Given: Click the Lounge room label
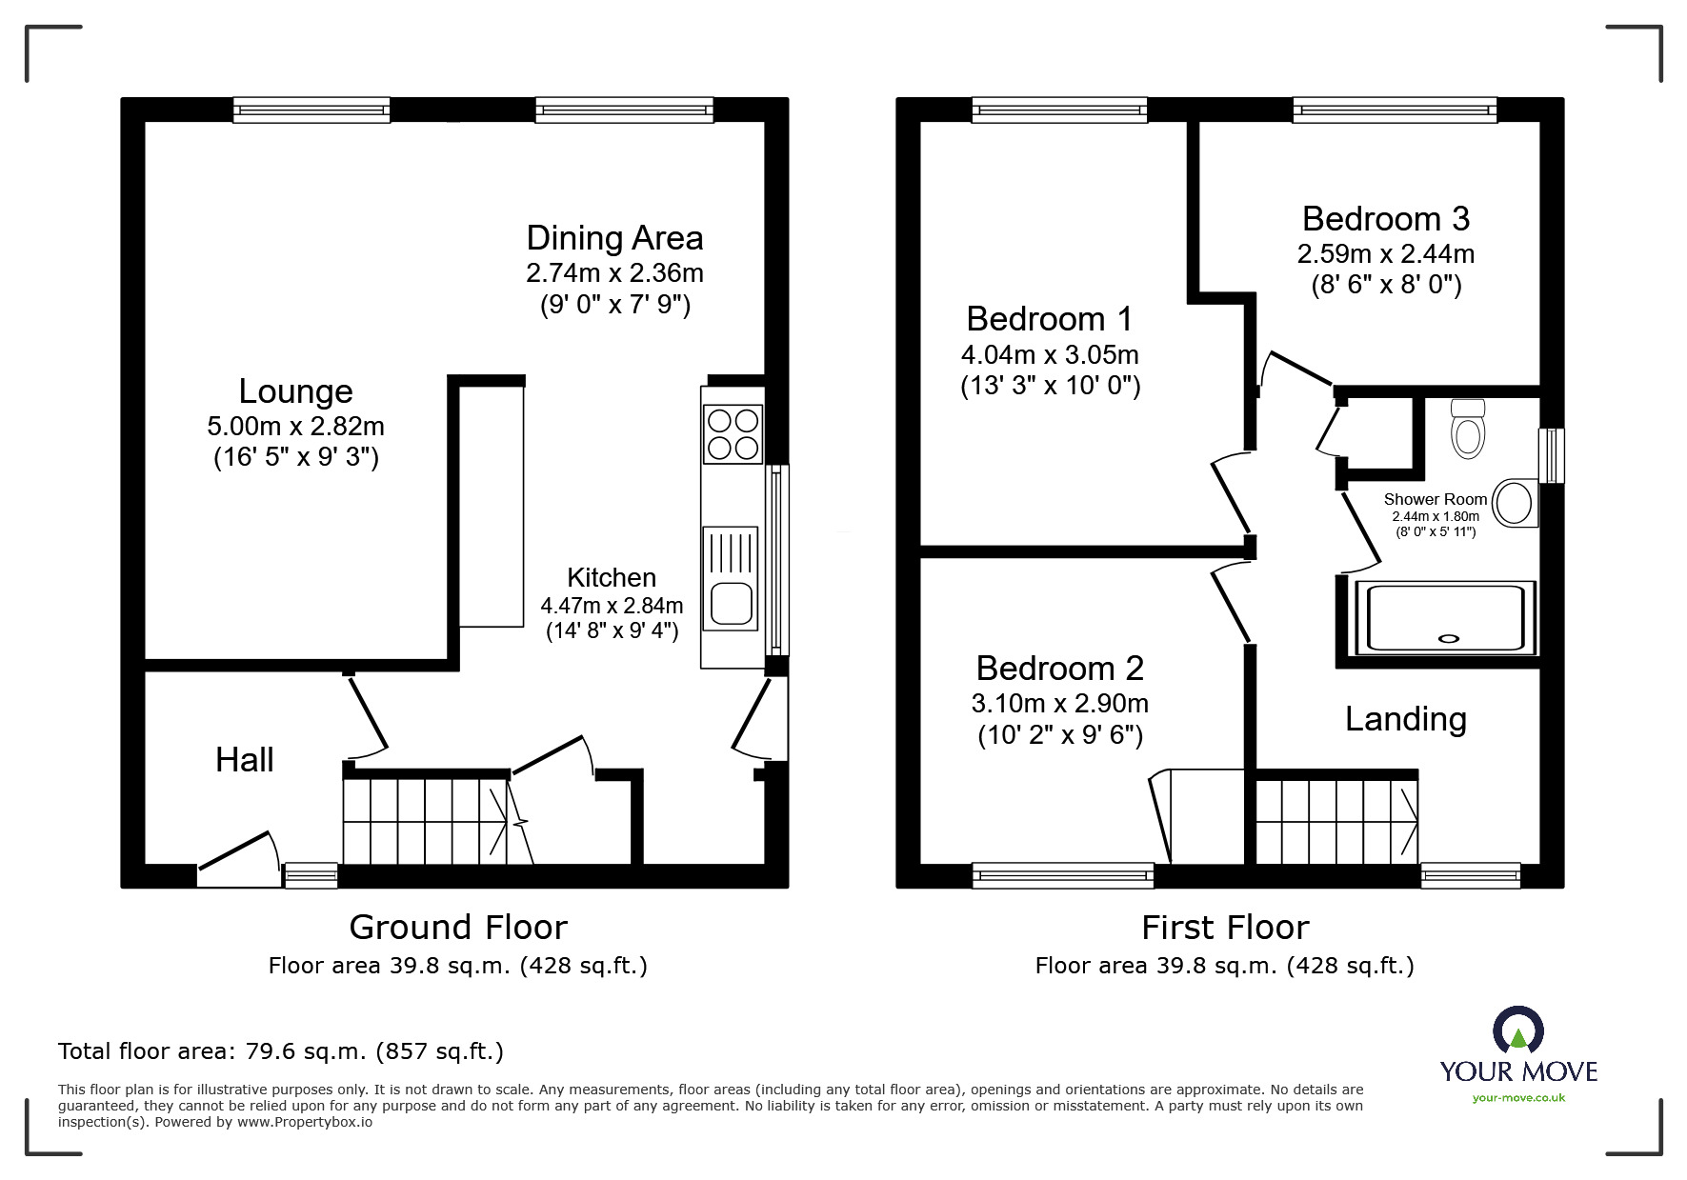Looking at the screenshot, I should click(x=295, y=391).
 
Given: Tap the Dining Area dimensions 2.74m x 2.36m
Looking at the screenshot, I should click(x=614, y=273).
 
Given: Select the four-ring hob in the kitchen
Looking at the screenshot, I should click(x=733, y=433).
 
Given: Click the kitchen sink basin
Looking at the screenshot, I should click(x=732, y=603).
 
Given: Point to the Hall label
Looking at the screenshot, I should click(x=244, y=760).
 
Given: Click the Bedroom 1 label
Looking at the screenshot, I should click(x=1049, y=318).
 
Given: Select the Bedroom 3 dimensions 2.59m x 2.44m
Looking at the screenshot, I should click(x=1385, y=254).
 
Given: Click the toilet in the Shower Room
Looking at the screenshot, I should click(x=1468, y=430).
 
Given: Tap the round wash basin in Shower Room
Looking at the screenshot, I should click(x=1514, y=502).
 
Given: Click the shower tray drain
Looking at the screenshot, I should click(x=1451, y=640).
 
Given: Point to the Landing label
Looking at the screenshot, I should click(x=1405, y=719).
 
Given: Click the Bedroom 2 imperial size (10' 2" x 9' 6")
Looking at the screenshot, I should click(x=1059, y=735).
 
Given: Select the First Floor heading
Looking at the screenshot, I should click(x=1225, y=927).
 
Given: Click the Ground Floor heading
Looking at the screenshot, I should click(x=458, y=927).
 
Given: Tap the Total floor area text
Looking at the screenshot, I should click(x=281, y=1051).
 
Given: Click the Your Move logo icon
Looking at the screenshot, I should click(x=1517, y=1030).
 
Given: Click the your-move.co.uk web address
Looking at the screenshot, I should click(x=1518, y=1098).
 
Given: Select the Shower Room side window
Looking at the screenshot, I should click(x=1553, y=455).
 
